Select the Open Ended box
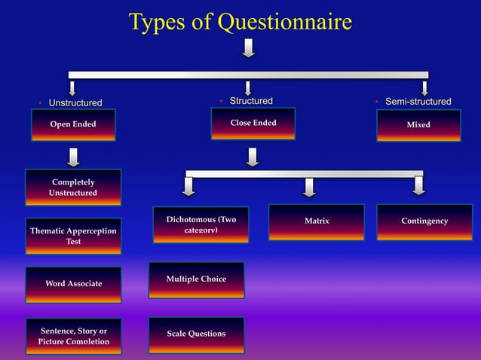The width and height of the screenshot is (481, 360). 73,125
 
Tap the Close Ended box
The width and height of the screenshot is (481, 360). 253,124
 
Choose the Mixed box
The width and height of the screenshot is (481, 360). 418,125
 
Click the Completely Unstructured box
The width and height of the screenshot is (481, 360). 73,188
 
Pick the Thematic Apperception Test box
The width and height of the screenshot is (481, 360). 73,236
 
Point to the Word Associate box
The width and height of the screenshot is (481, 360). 73,284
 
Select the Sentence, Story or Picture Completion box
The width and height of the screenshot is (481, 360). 73,336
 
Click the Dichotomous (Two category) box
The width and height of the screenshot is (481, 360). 201,224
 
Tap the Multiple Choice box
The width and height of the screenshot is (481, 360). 196,279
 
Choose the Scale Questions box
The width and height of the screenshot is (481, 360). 196,334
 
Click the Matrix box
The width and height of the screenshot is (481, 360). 317,221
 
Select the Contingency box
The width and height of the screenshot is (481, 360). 424,221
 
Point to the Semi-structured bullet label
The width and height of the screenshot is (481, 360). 418,102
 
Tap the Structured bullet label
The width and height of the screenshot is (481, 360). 251,101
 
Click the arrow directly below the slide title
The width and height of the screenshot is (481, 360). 248,47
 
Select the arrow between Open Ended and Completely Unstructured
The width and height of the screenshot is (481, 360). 73,157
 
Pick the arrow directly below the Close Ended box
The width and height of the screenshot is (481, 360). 253,157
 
